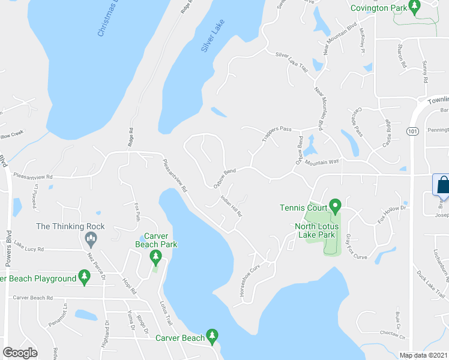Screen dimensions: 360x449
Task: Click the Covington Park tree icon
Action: (414, 7)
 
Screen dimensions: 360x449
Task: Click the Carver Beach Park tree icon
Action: (155, 258)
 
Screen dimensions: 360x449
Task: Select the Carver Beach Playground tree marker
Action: (85, 277)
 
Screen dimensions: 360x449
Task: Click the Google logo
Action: (20, 353)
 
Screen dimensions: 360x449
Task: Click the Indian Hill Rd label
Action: (231, 205)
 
